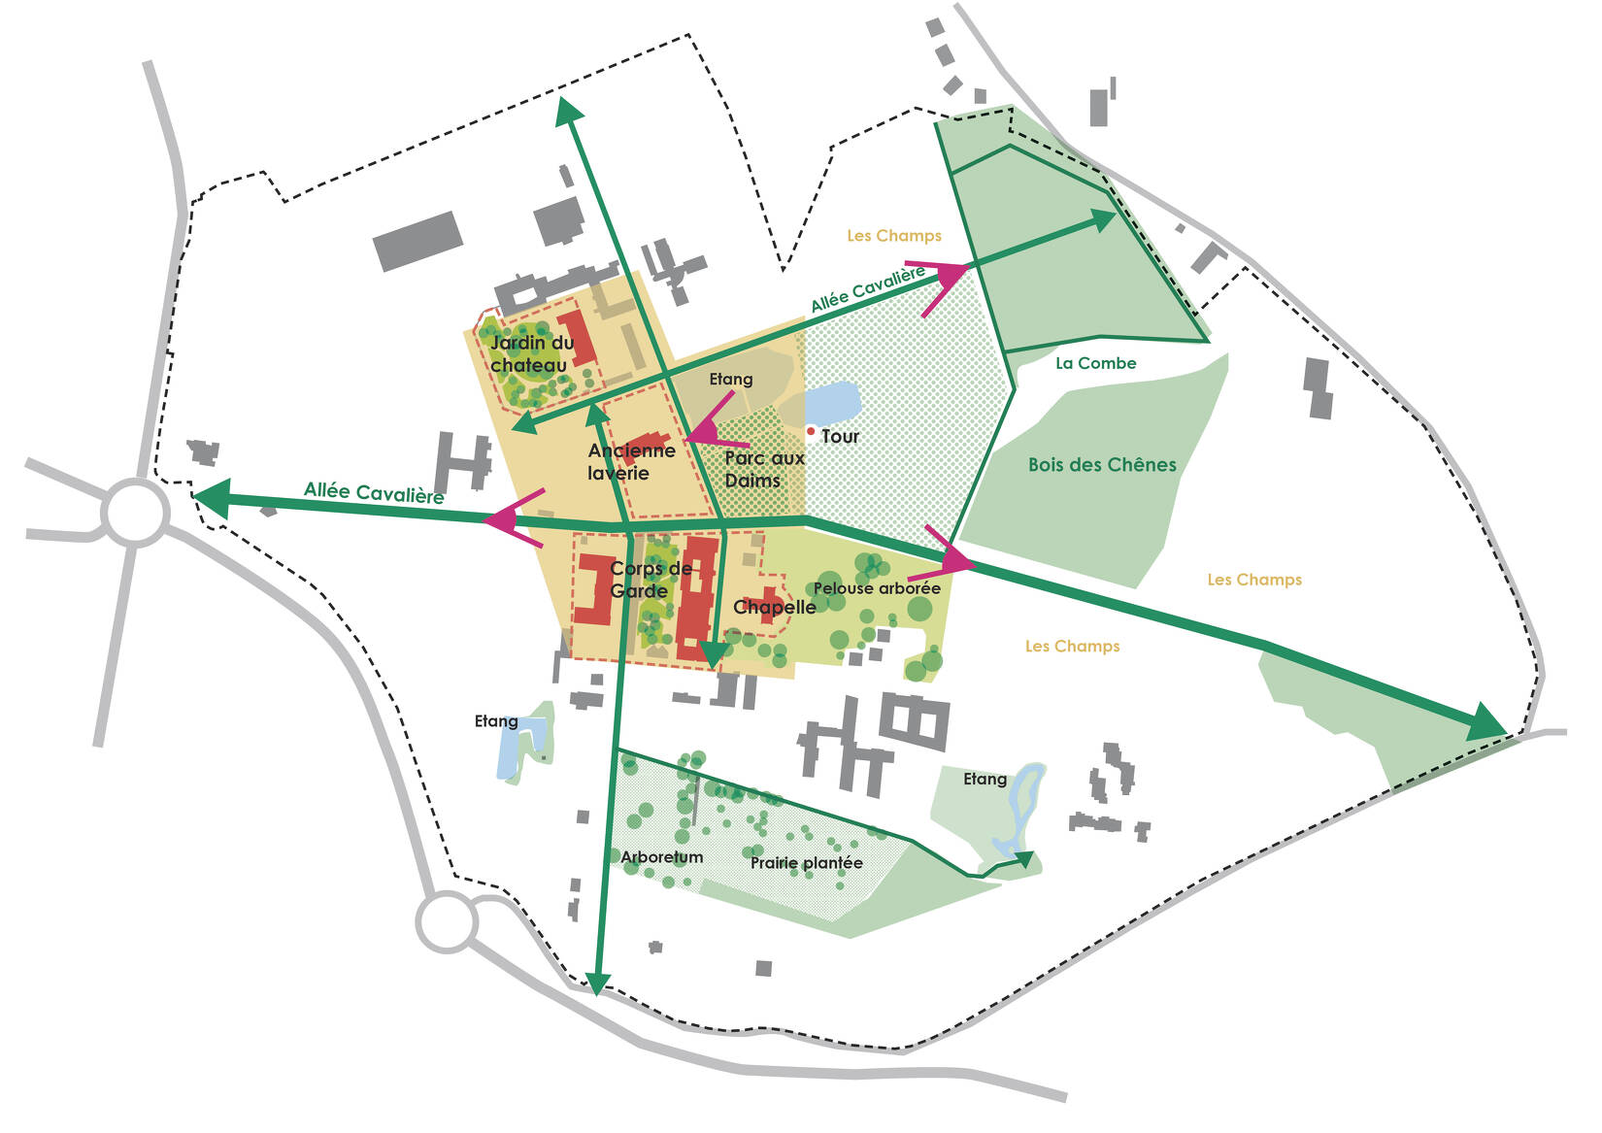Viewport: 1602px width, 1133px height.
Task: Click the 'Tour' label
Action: tap(840, 437)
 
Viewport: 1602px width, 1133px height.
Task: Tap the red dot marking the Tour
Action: tap(811, 431)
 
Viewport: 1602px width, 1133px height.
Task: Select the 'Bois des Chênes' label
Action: tap(1102, 465)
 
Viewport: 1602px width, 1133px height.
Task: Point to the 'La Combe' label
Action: tap(1095, 363)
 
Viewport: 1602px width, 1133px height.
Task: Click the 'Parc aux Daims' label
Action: tap(764, 469)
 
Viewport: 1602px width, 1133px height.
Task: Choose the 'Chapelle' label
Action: tap(774, 608)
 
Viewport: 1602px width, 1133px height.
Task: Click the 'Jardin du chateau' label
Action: tap(531, 354)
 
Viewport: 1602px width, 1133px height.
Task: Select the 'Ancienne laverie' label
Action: tap(631, 462)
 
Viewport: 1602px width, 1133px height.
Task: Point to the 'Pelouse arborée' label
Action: tap(877, 588)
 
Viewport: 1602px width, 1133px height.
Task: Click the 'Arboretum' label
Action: tap(661, 857)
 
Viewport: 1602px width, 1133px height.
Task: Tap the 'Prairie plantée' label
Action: tap(806, 863)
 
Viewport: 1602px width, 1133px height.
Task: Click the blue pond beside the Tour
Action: tap(833, 402)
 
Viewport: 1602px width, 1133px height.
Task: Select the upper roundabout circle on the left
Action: tap(135, 513)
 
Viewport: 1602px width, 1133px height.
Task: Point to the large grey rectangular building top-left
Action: tap(417, 241)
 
